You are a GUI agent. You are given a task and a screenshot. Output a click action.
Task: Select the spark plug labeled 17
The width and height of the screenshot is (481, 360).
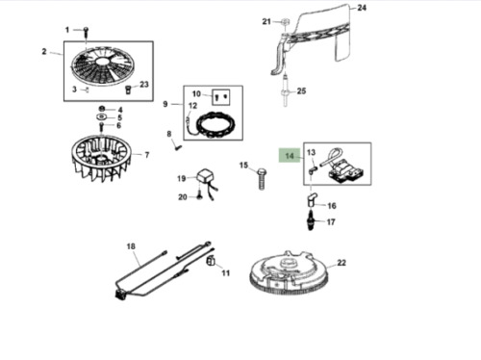pyautogui.click(x=312, y=223)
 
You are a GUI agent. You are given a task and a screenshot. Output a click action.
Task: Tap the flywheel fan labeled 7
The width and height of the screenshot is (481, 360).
pyautogui.click(x=105, y=158)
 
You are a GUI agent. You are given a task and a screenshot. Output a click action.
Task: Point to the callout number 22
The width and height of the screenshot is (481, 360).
pyautogui.click(x=342, y=262)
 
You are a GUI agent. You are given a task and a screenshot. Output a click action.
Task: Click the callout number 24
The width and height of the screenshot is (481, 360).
pyautogui.click(x=362, y=8)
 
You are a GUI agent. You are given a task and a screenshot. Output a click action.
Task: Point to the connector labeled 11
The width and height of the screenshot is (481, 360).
pyautogui.click(x=211, y=260)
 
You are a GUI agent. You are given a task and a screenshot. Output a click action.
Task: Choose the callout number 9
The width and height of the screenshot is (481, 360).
pyautogui.click(x=165, y=104)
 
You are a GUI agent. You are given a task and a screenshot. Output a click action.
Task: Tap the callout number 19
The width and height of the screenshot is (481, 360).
pyautogui.click(x=180, y=178)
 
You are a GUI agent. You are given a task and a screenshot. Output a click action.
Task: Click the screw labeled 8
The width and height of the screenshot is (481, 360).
pyautogui.click(x=177, y=145)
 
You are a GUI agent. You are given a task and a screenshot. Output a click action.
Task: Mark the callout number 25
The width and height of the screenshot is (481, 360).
pyautogui.click(x=301, y=91)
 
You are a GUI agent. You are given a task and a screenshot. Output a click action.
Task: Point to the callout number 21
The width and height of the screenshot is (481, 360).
pyautogui.click(x=266, y=20)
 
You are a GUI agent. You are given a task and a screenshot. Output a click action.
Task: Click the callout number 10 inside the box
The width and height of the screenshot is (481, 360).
pyautogui.click(x=196, y=93)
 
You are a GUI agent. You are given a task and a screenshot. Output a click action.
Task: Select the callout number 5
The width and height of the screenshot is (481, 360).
pyautogui.click(x=118, y=117)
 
